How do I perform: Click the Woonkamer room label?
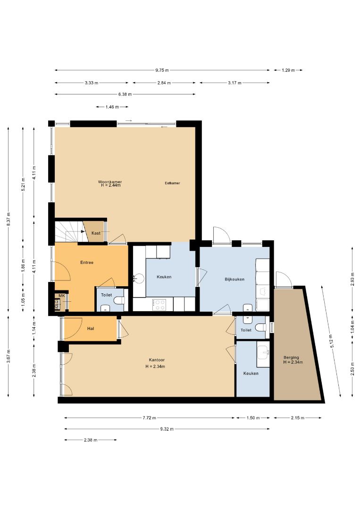point(110,182)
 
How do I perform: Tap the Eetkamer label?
point(172,183)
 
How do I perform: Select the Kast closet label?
point(96,233)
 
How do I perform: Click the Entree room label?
point(87,263)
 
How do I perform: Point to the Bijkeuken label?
point(234,280)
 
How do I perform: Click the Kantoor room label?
point(157,360)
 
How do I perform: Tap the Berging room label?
point(291,357)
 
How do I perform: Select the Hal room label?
point(91,329)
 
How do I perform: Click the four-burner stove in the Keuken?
point(159,305)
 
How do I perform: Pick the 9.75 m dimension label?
point(162,70)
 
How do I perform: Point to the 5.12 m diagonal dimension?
point(332,341)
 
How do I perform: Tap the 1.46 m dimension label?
point(112,107)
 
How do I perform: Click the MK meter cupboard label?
point(62,296)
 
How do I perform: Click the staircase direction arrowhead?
point(83,231)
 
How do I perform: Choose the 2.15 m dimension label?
point(298,418)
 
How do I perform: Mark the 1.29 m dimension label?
point(288,70)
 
